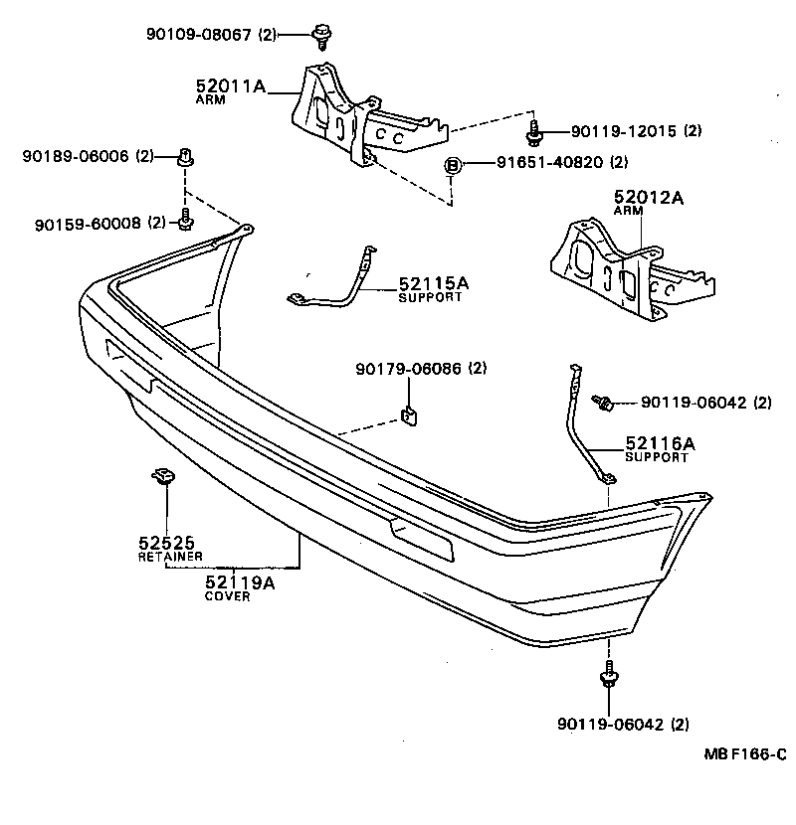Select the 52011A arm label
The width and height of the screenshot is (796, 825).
231,87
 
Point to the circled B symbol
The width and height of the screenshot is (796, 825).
451,163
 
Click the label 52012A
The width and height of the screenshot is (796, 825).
649,198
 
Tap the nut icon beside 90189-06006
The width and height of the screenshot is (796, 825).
185,157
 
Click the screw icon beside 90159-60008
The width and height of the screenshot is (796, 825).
186,219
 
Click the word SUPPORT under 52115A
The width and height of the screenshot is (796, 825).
430,297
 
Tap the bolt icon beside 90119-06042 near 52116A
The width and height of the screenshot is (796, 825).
603,402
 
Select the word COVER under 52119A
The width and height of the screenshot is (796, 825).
227,596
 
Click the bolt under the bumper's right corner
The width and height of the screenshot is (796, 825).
605,680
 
